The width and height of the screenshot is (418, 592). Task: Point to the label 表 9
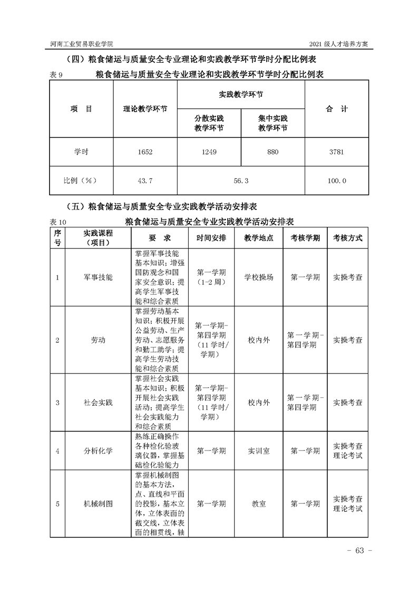[x=56, y=75]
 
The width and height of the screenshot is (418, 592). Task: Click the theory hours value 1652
[x=145, y=152]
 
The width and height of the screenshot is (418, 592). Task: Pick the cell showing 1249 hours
[x=209, y=152]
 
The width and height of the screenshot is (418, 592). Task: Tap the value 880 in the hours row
[x=273, y=152]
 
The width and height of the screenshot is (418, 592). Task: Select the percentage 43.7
[x=145, y=180]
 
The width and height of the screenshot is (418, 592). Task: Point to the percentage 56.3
[x=240, y=180]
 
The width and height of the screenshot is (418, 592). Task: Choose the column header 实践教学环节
[x=240, y=94]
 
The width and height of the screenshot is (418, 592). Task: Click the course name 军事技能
[x=98, y=277]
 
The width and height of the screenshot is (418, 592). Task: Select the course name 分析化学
[x=98, y=451]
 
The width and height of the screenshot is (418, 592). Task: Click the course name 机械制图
[x=98, y=504]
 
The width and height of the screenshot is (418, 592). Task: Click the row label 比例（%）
[x=81, y=180]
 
